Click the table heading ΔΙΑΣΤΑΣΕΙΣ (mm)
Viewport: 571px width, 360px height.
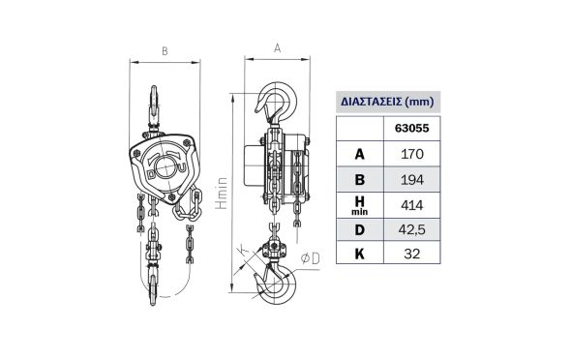click(387, 102)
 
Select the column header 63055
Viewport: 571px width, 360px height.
click(412, 128)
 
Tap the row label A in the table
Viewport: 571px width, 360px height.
click(359, 154)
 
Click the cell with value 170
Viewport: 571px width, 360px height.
click(412, 154)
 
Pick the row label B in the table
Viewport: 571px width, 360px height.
click(359, 180)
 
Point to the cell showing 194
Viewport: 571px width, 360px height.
click(412, 180)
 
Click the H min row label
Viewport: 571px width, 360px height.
click(359, 205)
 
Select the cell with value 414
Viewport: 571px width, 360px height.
click(412, 205)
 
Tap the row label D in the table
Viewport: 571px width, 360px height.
click(359, 230)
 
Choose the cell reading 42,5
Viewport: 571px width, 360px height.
click(412, 230)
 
